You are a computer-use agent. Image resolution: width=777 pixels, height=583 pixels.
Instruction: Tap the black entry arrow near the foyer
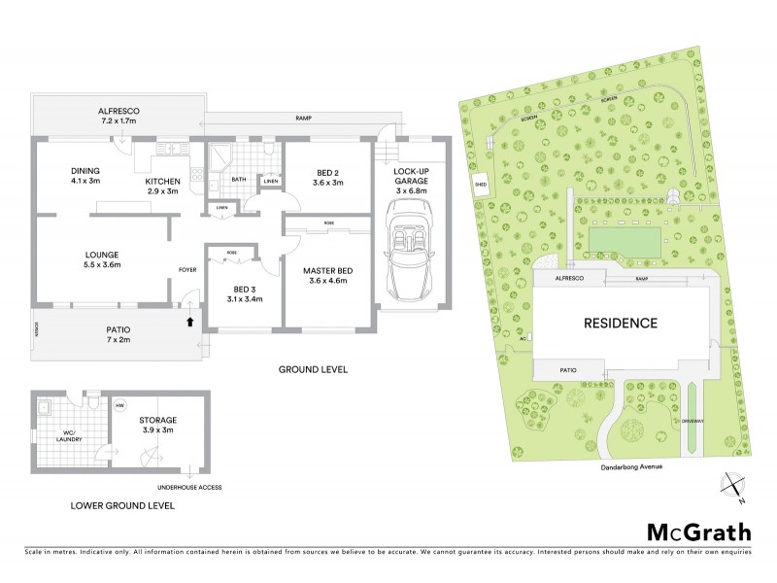190,321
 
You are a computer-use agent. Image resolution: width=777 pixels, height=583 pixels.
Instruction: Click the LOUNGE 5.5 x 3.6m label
101,260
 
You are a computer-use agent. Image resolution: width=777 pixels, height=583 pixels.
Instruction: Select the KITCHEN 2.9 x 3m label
163,187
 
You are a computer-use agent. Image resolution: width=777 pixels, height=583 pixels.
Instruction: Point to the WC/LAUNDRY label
68,435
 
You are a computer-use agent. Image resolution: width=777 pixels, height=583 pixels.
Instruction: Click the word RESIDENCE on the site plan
620,323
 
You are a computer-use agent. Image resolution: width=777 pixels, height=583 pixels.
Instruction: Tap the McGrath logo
698,531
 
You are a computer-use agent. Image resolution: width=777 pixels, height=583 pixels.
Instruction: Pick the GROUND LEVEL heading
313,369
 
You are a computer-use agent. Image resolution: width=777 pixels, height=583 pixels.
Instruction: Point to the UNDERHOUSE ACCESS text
189,487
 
